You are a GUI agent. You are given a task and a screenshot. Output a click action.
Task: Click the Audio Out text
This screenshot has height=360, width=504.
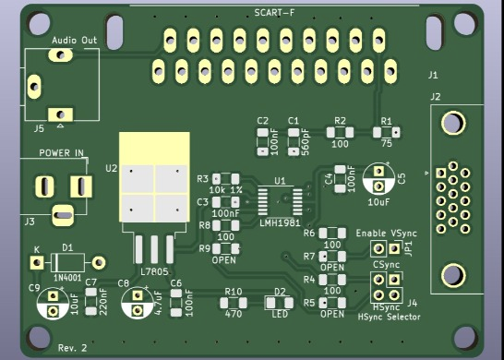pyautogui.click(x=74, y=41)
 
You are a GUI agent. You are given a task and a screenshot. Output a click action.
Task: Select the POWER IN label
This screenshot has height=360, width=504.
pyautogui.click(x=60, y=152)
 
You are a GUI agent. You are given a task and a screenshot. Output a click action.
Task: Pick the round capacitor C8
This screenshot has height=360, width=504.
pyautogui.click(x=138, y=301)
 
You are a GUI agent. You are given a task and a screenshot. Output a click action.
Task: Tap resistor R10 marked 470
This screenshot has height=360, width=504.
pyautogui.click(x=234, y=302)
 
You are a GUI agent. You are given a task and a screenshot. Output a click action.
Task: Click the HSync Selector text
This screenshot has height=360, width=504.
pyautogui.click(x=389, y=317)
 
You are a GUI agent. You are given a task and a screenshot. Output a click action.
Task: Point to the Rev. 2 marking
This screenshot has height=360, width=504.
pyautogui.click(x=72, y=348)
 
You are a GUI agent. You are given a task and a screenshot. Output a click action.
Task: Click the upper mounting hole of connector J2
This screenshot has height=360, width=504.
pyautogui.click(x=452, y=122)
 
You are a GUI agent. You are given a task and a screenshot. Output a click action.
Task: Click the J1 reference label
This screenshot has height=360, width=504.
pyautogui.click(x=434, y=75)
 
